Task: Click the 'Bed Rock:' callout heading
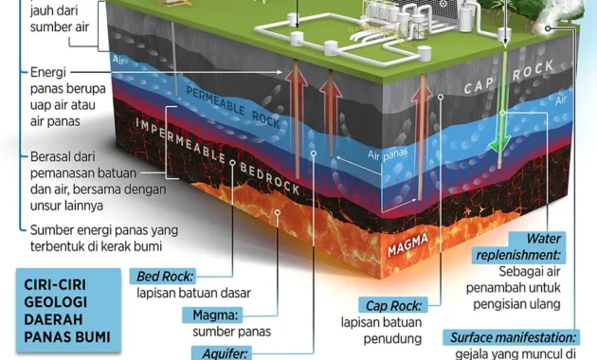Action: click(x=164, y=277)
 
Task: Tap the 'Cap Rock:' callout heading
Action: click(x=394, y=304)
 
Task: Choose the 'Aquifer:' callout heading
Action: click(x=220, y=352)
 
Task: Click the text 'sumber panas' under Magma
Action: click(x=231, y=332)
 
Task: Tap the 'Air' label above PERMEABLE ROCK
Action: click(x=119, y=59)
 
